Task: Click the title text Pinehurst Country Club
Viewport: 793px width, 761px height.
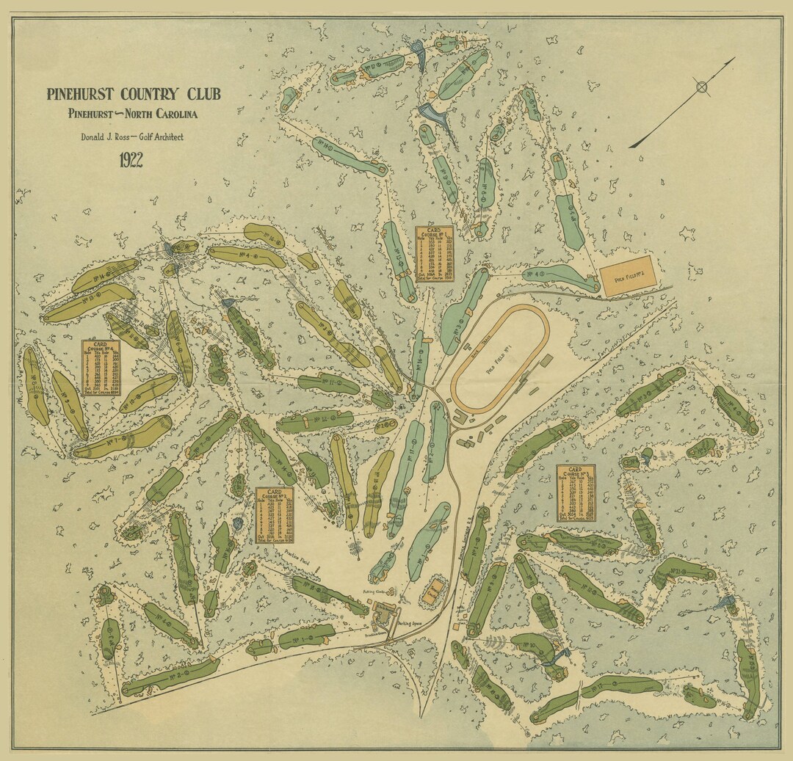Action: coord(133,95)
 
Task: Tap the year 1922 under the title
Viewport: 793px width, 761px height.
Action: coord(131,160)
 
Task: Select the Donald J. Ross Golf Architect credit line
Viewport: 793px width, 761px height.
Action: coord(132,137)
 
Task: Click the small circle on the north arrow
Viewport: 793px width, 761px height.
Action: coord(702,88)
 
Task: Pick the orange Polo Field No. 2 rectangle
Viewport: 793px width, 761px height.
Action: coord(627,275)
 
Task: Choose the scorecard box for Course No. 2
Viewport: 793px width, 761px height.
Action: coord(274,514)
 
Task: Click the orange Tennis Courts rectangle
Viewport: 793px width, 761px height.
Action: coord(433,590)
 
